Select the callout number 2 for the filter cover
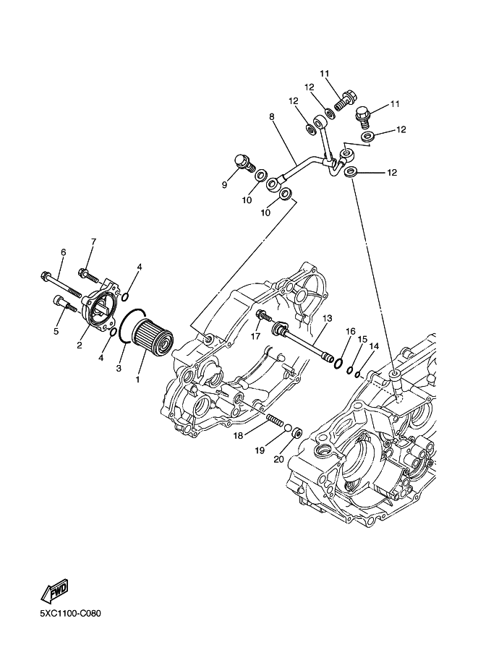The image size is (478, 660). [x=79, y=346]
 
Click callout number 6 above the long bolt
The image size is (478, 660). [x=63, y=252]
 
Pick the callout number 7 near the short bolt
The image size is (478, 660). [x=93, y=241]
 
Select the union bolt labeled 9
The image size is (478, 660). [x=245, y=161]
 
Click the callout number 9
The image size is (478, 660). [x=224, y=185]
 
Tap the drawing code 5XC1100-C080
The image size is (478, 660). [x=70, y=614]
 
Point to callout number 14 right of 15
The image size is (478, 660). [x=374, y=346]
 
